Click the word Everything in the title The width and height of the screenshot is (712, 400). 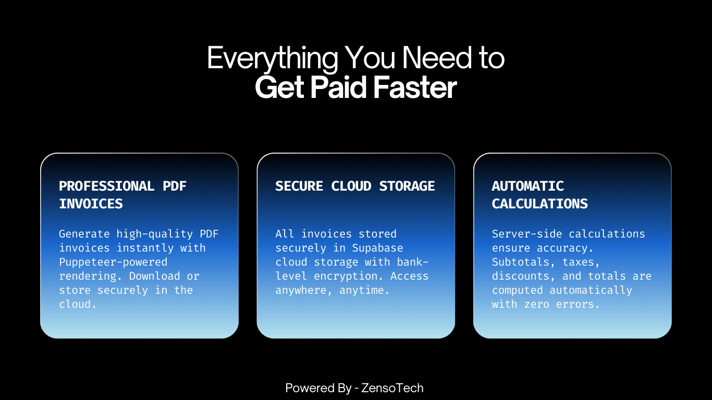272,58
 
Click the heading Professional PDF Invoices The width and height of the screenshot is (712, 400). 122,195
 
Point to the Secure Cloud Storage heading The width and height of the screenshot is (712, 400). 355,186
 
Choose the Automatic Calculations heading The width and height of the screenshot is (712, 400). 539,195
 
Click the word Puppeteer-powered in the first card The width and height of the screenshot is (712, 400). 113,262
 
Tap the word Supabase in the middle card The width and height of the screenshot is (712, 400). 377,248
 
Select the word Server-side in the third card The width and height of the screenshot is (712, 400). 527,234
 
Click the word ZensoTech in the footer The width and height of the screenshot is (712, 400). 392,388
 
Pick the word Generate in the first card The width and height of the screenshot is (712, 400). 84,234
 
